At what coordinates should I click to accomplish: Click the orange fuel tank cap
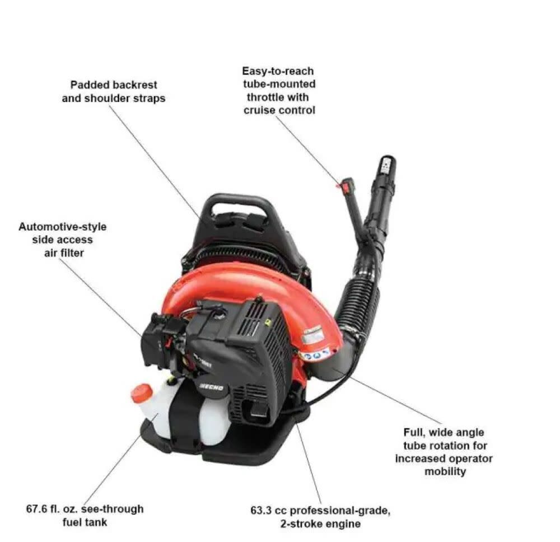point(141,392)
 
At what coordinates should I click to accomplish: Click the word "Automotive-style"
point(62,227)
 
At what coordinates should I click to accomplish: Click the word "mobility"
point(445,471)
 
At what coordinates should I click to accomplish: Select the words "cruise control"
point(279,110)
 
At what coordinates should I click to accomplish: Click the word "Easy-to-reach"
point(278,71)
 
